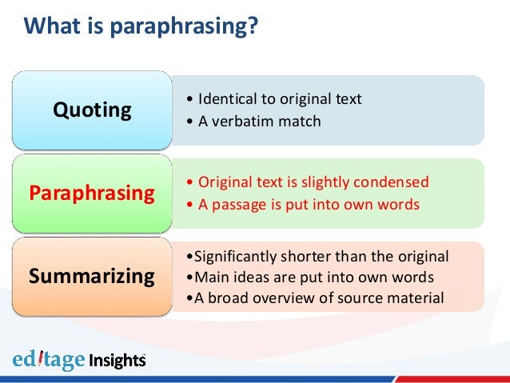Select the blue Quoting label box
[x=92, y=110]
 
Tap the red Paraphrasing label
[x=92, y=193]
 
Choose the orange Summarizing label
[x=92, y=276]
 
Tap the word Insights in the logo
[x=118, y=360]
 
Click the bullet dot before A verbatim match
[x=188, y=122]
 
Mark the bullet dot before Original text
[x=188, y=182]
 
